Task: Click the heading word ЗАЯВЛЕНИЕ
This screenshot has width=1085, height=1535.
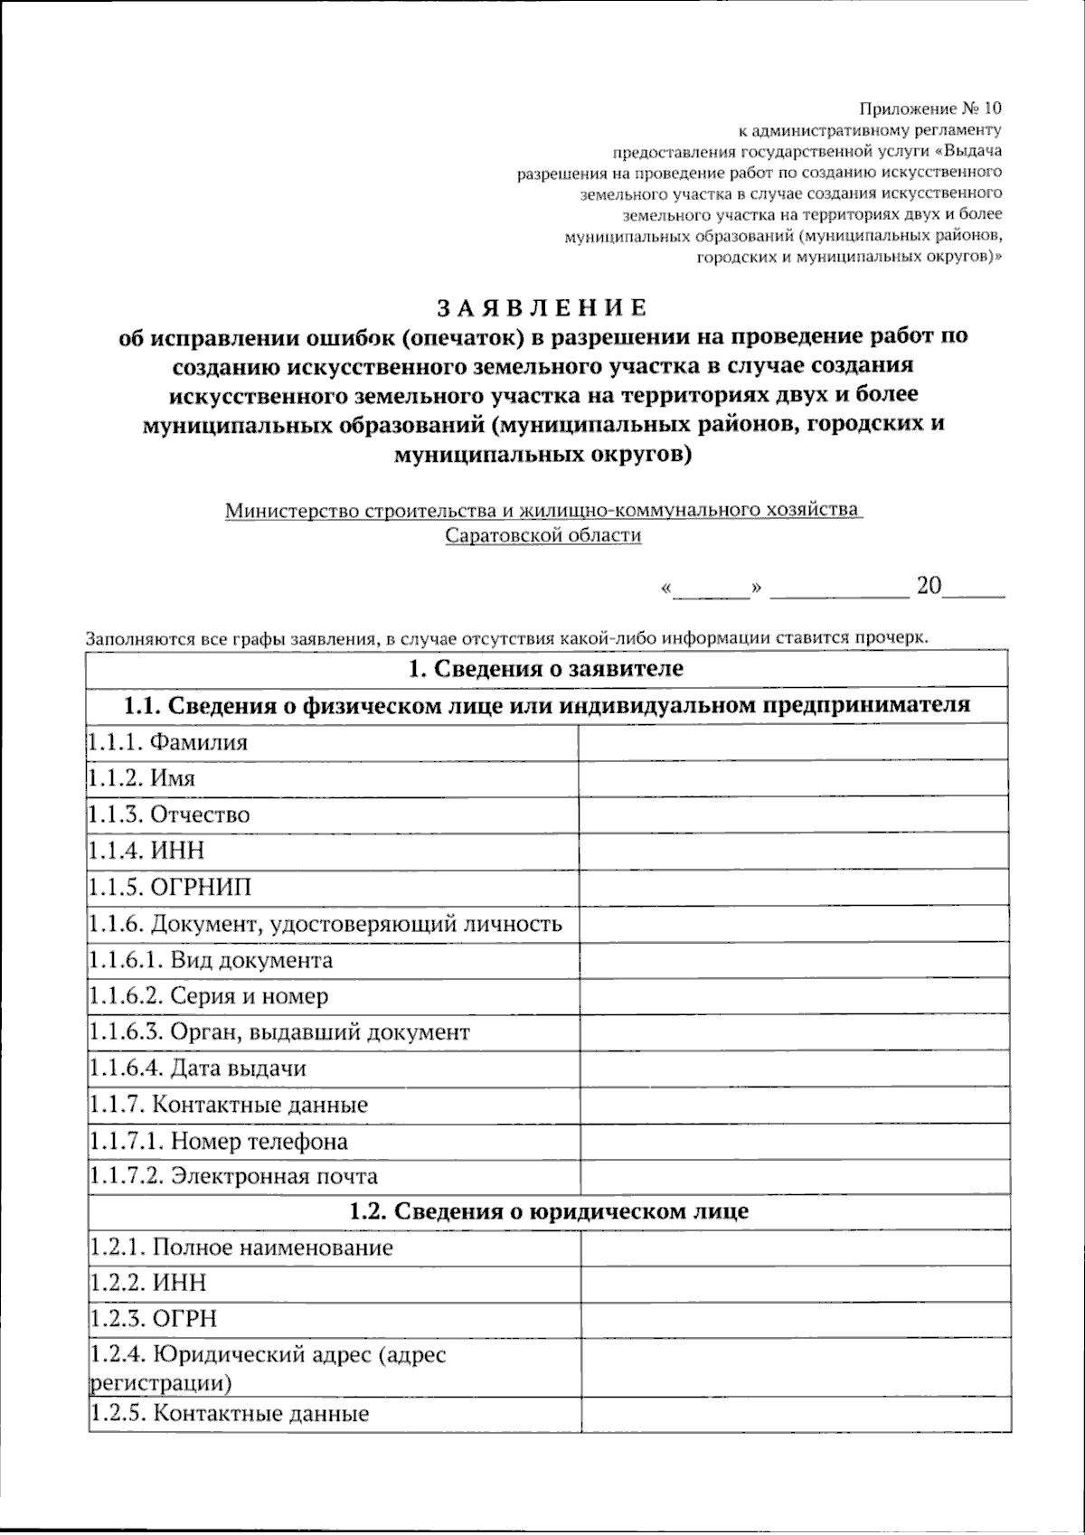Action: [542, 308]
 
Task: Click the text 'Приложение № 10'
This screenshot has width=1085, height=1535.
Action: [930, 108]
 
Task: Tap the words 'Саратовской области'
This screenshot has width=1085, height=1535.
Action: [542, 535]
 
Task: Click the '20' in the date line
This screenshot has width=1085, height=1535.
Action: [929, 586]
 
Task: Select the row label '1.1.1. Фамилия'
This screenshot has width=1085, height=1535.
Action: [168, 742]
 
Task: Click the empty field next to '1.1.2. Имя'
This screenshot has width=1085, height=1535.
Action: [793, 778]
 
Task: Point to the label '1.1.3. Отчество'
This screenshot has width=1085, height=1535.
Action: [169, 815]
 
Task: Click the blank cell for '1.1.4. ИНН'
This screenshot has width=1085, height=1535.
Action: [793, 851]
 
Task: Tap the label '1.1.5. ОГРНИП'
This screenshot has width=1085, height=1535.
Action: [170, 887]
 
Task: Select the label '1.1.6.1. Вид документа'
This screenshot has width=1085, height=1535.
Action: [211, 960]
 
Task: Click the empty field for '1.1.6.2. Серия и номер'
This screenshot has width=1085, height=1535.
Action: [793, 996]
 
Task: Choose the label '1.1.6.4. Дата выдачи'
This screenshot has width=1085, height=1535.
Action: [198, 1069]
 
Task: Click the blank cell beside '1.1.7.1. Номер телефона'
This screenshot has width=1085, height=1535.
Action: [793, 1141]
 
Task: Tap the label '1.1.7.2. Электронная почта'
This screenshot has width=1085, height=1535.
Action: [233, 1177]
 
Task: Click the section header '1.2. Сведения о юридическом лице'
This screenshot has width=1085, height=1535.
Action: [549, 1211]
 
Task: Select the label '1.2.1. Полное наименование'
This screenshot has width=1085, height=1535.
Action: [241, 1248]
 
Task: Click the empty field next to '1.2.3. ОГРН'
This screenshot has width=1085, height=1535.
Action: [793, 1318]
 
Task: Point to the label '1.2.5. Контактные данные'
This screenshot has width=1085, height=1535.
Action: [230, 1413]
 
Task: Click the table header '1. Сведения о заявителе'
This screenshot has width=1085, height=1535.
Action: [547, 669]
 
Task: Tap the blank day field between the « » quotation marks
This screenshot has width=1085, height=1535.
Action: [712, 588]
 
